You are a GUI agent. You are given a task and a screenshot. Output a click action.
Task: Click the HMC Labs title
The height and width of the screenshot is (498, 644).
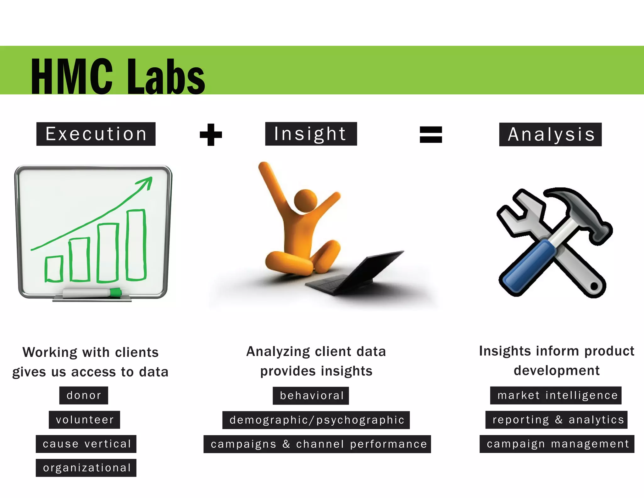click(x=118, y=76)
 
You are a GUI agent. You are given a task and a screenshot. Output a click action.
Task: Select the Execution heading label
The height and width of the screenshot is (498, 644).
click(x=96, y=134)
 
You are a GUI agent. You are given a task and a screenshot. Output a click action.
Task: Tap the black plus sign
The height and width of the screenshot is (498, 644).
click(x=211, y=135)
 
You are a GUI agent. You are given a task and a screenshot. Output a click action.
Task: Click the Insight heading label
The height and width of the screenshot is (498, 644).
click(x=311, y=134)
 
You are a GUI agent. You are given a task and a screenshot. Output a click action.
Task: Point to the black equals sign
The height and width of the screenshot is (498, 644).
click(x=431, y=135)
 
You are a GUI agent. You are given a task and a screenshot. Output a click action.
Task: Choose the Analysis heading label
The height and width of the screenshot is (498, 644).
click(x=550, y=134)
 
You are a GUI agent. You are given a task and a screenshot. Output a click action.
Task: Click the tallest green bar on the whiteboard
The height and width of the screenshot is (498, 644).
click(x=136, y=245)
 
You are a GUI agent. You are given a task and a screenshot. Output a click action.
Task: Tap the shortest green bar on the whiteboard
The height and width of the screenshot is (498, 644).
click(x=54, y=269)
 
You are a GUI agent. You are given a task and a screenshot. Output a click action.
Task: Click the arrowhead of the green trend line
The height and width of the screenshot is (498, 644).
click(x=146, y=183)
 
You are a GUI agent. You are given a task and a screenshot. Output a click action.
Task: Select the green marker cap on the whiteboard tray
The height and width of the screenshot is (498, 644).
click(x=116, y=292)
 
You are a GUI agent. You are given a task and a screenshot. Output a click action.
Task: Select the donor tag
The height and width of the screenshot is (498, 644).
click(x=84, y=395)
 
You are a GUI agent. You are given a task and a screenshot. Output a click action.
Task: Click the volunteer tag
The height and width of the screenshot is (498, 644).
click(x=84, y=420)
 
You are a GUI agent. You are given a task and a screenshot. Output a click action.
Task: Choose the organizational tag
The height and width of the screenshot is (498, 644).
click(x=86, y=468)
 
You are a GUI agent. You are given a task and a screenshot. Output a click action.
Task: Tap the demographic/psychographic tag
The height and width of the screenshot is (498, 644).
click(x=316, y=420)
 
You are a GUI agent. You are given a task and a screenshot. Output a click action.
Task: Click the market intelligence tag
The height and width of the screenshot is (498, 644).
click(x=556, y=395)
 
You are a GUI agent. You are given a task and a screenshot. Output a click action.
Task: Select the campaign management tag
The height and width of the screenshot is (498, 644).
click(x=557, y=444)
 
